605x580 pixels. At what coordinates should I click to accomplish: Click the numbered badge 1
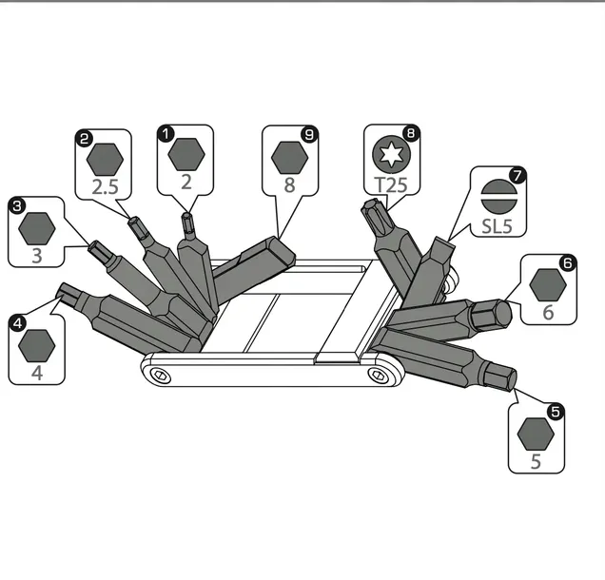point(166,134)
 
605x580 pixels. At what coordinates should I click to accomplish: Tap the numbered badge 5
point(556,412)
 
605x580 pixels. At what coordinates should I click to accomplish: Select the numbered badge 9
point(309,135)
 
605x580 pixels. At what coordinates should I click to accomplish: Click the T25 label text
point(391,184)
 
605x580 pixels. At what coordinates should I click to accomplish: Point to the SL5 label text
point(497,225)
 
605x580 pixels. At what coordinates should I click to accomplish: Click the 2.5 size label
point(106,187)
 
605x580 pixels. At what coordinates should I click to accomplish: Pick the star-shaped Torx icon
point(392,154)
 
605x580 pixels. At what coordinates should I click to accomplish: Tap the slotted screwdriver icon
point(499,197)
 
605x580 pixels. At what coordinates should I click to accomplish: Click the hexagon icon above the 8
point(289,158)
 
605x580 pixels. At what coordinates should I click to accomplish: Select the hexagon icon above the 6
point(548,285)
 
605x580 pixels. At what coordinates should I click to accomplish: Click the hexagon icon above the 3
point(37,228)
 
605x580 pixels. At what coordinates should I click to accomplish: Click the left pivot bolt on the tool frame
point(160,375)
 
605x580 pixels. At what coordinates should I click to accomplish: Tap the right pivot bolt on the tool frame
point(378,374)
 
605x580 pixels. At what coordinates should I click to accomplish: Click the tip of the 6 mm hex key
point(505,314)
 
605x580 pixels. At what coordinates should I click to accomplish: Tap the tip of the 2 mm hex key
point(186,215)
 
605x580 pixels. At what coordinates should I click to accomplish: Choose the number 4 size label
point(37,373)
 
